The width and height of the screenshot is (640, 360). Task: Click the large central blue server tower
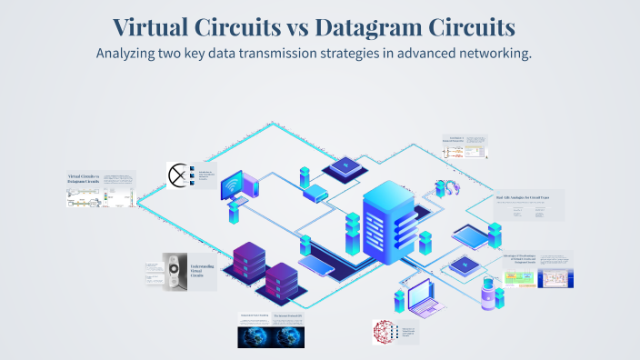(390, 223)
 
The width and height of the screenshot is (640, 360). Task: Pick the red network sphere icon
(385, 332)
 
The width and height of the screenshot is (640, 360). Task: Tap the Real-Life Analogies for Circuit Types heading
(529, 195)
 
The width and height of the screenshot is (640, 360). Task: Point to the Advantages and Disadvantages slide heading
(519, 259)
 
